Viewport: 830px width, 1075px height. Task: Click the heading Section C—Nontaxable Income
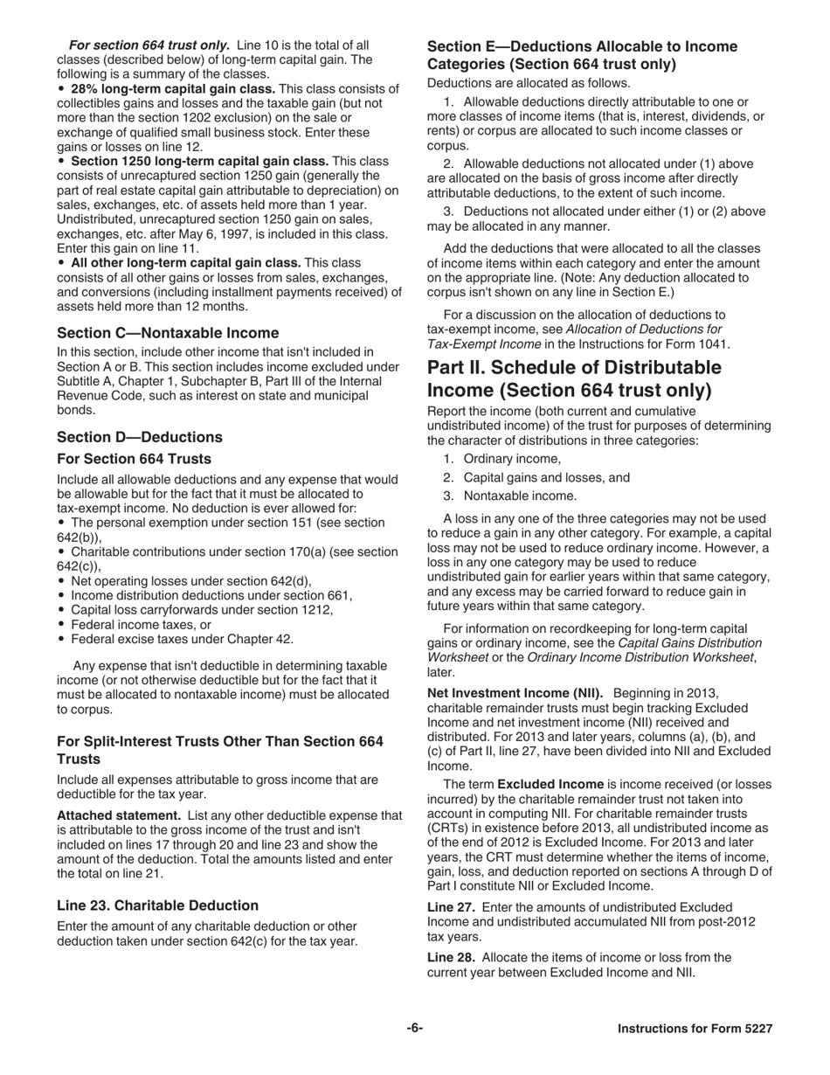pos(168,332)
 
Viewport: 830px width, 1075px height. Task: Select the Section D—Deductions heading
pos(140,437)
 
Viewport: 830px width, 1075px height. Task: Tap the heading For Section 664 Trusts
pos(134,458)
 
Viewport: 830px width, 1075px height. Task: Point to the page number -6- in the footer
pos(414,1029)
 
